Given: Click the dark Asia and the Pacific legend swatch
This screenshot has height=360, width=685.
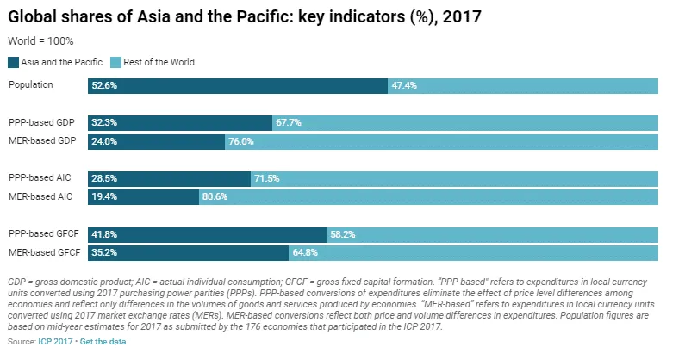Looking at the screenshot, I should coord(13,62).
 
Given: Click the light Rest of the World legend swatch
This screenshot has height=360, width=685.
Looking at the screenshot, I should coord(116,62).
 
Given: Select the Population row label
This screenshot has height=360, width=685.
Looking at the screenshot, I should coord(31,85).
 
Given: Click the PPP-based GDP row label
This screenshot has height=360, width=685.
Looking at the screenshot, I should coord(39,122).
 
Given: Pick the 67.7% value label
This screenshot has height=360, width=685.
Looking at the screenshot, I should coord(289,122).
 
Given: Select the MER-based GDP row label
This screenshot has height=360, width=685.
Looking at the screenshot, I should coord(39,141).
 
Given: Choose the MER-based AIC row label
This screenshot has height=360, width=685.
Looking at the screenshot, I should coord(39,197).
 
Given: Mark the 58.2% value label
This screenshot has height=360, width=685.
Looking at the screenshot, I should coord(343,234).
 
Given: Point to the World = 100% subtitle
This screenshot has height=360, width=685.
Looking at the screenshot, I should coord(40,40).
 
